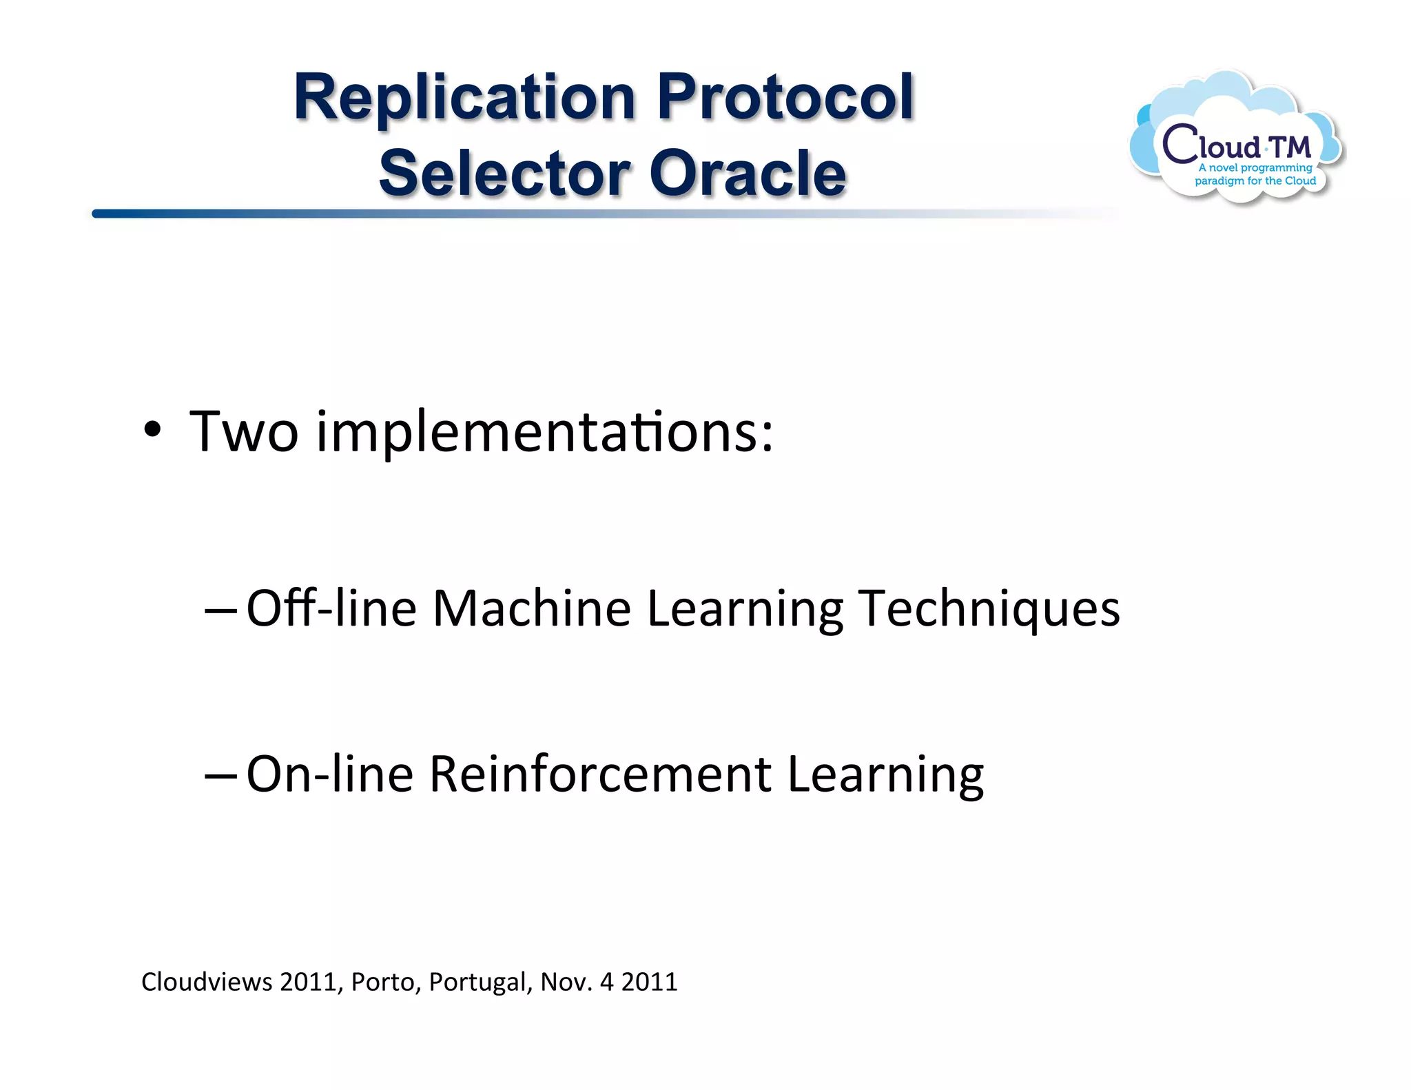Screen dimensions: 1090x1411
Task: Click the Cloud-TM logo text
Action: (1237, 145)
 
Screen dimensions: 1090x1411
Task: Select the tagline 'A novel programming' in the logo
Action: (1255, 167)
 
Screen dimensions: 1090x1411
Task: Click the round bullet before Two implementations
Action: (152, 431)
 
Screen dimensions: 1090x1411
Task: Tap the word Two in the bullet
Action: (244, 432)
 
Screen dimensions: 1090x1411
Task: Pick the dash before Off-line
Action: (220, 610)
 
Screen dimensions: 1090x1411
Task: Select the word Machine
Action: (531, 609)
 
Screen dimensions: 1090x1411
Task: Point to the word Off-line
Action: (331, 609)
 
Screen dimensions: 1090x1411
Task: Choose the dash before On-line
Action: (220, 775)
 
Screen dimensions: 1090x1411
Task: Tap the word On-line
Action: (329, 775)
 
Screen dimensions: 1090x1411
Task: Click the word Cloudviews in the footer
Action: (207, 982)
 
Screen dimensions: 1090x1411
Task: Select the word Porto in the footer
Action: (382, 982)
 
